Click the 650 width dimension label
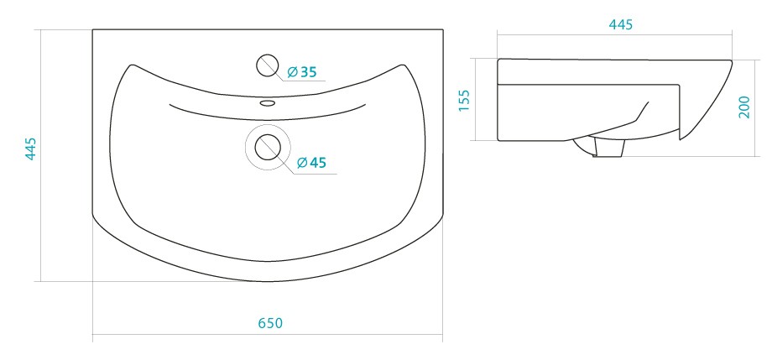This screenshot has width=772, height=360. [x=270, y=323]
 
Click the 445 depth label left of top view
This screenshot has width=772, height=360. [x=30, y=149]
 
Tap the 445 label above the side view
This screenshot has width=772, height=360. [x=620, y=24]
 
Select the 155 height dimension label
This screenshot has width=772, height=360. [x=464, y=100]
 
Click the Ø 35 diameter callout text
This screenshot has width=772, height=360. [x=301, y=72]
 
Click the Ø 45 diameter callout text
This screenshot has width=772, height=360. [x=311, y=162]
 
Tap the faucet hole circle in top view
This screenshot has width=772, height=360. [x=268, y=65]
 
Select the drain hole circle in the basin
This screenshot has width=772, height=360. [x=268, y=147]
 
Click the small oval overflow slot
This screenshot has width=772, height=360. [x=268, y=103]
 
